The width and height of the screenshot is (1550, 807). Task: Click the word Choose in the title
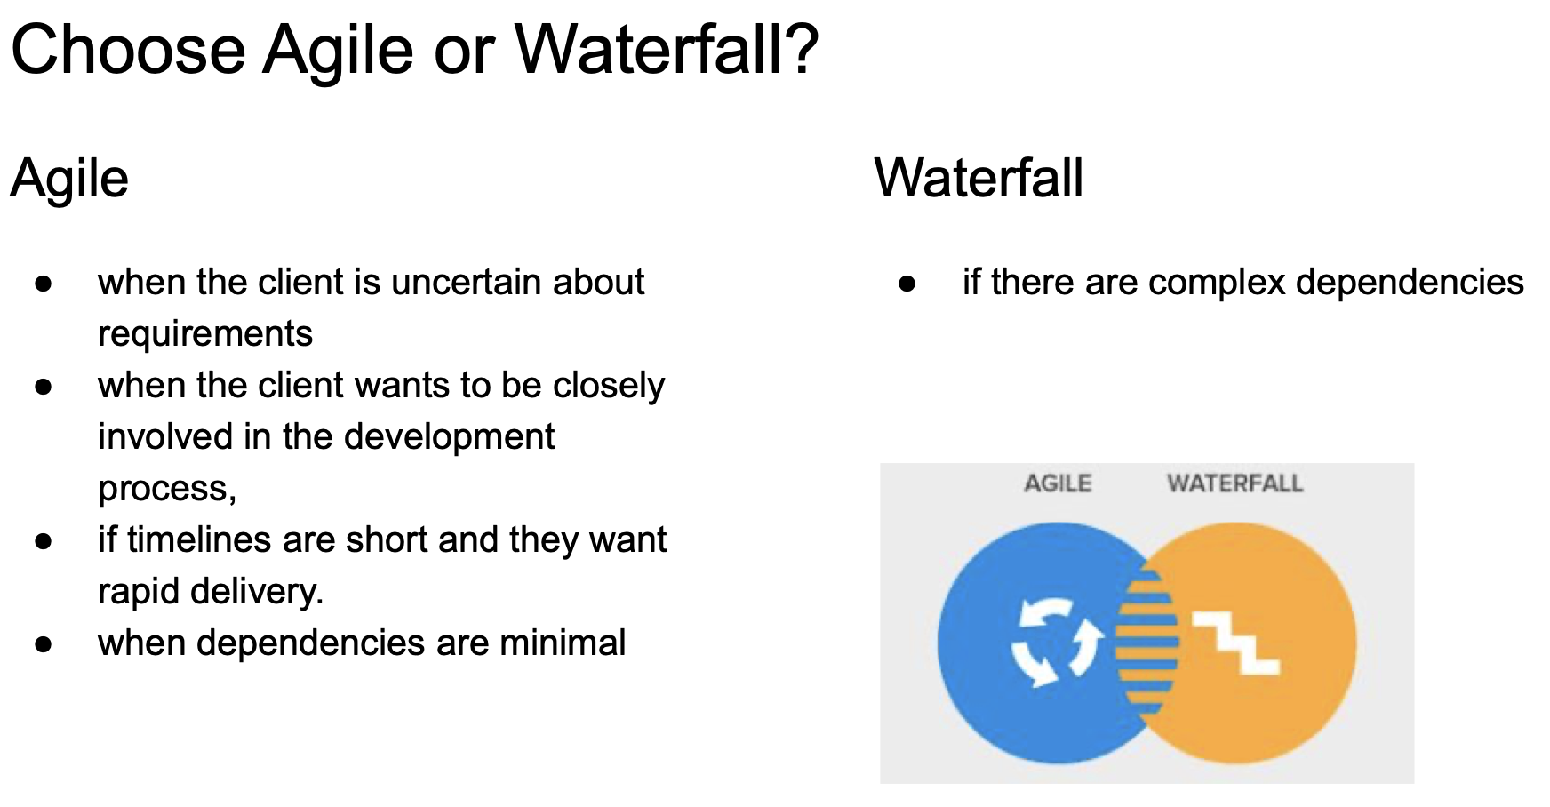coord(128,50)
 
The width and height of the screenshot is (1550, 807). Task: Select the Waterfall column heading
coord(979,178)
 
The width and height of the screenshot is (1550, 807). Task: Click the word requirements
coord(205,334)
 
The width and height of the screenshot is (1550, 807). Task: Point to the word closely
coord(609,386)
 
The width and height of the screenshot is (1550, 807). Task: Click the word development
coord(450,437)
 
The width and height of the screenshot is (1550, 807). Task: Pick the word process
coord(167,490)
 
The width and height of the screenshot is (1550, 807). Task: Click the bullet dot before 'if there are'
coord(907,284)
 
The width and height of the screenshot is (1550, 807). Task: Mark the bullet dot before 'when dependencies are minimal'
coord(44,644)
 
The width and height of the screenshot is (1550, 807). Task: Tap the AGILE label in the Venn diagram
coord(1058,483)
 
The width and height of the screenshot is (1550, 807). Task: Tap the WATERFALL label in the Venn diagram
coord(1235,483)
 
